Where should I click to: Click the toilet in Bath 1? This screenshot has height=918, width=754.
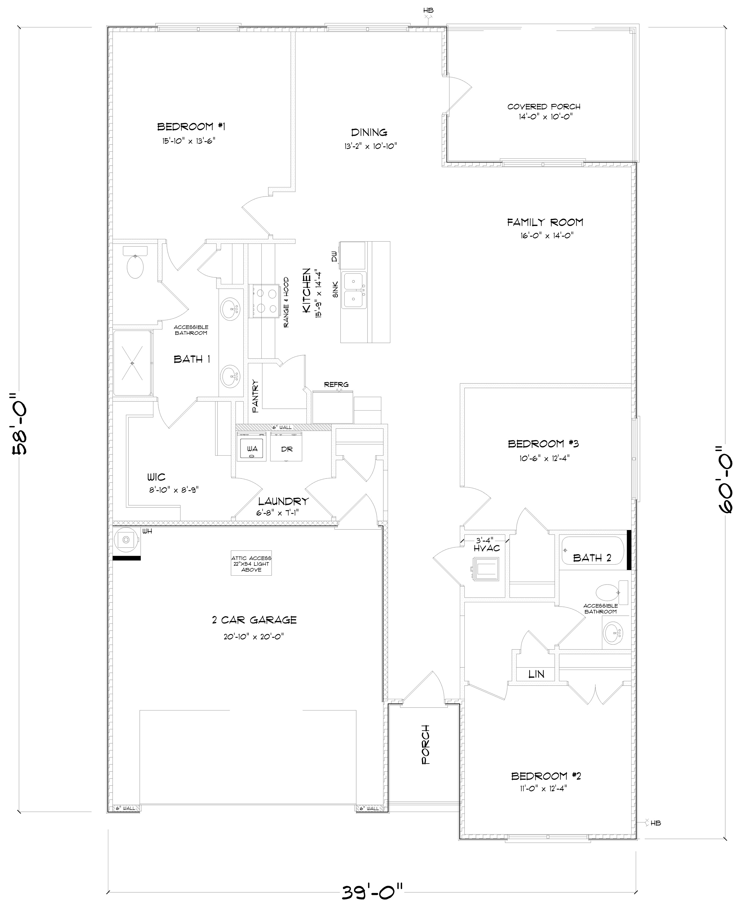[135, 265]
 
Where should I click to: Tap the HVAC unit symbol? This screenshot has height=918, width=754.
[486, 569]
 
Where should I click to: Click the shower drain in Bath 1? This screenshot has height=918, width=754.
[132, 363]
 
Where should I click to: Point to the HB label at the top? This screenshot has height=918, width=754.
[428, 10]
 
